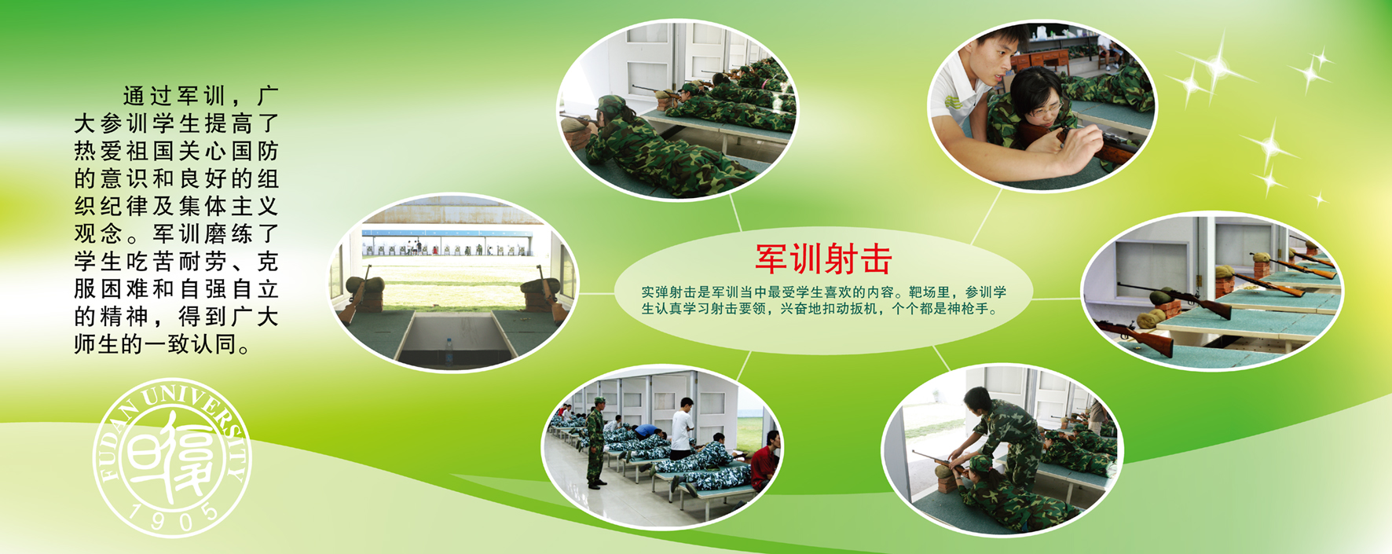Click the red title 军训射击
tap(823, 259)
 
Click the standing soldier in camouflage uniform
tap(596, 443)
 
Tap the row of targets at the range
tap(446, 250)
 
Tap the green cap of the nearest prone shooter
tap(610, 104)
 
